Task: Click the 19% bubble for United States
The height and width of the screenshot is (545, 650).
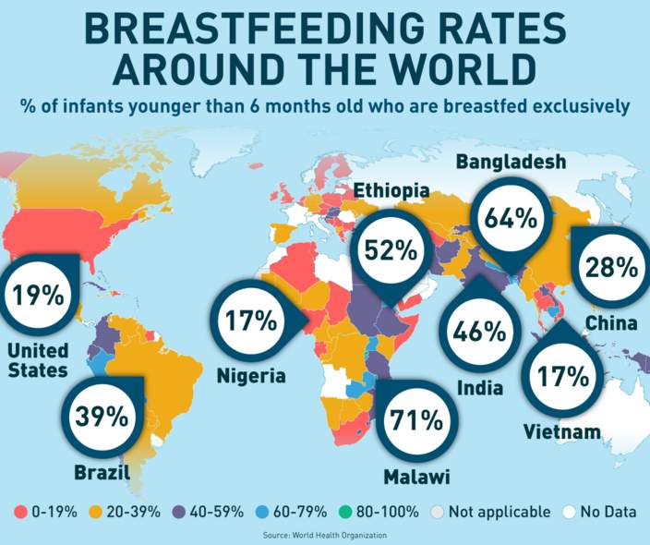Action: pos(38,297)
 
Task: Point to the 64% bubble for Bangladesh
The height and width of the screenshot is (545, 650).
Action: pos(511,219)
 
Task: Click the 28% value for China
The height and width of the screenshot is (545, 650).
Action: pos(611,268)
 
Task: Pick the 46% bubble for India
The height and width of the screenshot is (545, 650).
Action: pos(479,329)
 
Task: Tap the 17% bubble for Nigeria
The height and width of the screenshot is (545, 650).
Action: pos(251,321)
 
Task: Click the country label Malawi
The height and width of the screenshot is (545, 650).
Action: pos(416,478)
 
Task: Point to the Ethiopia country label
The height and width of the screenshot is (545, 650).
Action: pos(391,191)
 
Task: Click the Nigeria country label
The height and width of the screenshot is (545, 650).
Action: pos(251,376)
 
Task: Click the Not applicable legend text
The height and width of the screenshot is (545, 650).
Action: pos(501,512)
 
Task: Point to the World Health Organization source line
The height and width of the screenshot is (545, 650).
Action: pos(325,535)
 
